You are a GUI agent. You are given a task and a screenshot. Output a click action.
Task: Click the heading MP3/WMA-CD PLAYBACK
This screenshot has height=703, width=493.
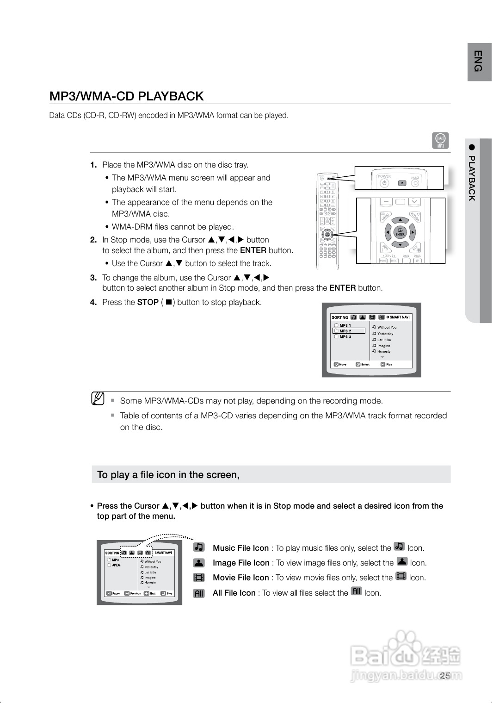(x=126, y=96)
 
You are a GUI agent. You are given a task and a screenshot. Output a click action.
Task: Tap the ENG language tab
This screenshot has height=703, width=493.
(x=479, y=61)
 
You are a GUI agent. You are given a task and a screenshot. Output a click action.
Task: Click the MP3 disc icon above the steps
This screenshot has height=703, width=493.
(x=441, y=140)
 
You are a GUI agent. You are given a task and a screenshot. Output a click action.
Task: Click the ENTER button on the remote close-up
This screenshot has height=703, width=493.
(x=400, y=232)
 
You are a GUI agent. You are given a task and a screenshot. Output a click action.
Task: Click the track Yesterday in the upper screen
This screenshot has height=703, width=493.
(x=385, y=334)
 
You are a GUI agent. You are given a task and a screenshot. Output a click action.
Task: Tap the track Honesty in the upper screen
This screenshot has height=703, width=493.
(x=383, y=352)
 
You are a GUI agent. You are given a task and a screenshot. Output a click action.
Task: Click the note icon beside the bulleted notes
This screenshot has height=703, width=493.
(x=98, y=398)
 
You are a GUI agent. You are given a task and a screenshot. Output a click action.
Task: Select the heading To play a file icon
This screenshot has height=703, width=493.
(x=168, y=475)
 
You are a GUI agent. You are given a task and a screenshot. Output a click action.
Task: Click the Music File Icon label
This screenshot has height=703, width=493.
(x=240, y=548)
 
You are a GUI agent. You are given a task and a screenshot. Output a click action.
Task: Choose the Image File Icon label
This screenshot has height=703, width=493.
(x=241, y=563)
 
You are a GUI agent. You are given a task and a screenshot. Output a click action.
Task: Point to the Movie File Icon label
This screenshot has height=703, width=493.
(x=240, y=578)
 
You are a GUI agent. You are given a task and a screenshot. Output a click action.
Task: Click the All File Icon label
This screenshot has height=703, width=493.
(x=234, y=593)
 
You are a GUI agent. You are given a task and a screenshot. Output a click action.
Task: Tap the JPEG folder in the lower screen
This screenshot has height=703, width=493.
(x=116, y=565)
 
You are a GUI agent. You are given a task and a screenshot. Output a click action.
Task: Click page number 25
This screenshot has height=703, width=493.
(x=445, y=676)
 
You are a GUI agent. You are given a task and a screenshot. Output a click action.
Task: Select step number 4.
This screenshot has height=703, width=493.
(x=93, y=302)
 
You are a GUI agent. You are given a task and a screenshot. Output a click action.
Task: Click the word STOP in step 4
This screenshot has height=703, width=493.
(x=148, y=302)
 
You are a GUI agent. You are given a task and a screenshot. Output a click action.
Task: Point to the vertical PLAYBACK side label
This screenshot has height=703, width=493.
(x=472, y=178)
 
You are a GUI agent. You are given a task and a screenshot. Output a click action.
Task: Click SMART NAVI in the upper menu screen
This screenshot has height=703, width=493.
(x=399, y=317)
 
